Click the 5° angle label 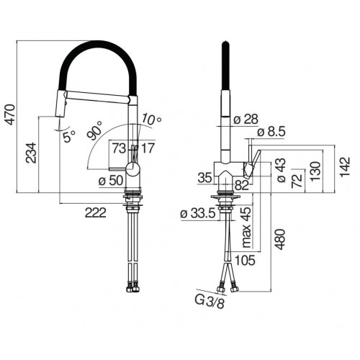coord(68,135)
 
